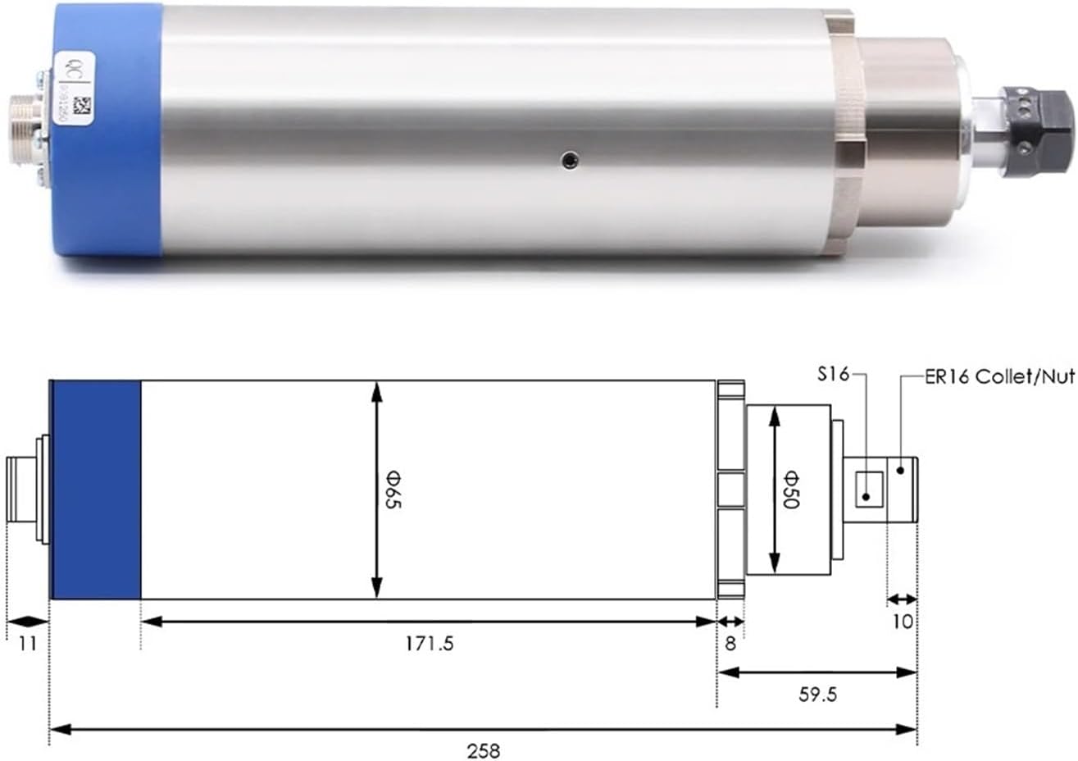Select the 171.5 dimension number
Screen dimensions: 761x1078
[428, 644]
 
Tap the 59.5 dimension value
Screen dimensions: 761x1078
[817, 695]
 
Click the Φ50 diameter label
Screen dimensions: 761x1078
[789, 490]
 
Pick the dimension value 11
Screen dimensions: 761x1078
[28, 644]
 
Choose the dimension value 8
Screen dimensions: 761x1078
[730, 644]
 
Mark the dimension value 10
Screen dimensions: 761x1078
[902, 622]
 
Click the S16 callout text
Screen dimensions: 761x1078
[832, 376]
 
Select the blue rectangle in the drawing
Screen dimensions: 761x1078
[96, 490]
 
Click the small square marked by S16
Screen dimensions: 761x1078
[868, 490]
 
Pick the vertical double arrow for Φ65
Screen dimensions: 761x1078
[376, 490]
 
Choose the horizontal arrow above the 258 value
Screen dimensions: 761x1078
[484, 728]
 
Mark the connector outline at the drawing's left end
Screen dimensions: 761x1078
[25, 490]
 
